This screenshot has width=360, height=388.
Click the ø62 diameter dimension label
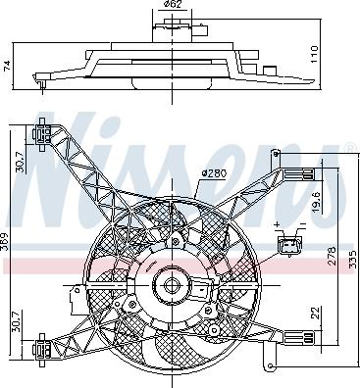pyautogui.click(x=172, y=4)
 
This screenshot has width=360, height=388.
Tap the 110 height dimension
pyautogui.click(x=313, y=54)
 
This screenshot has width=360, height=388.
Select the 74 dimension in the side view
pyautogui.click(x=8, y=66)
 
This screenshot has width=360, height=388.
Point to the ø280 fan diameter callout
pyautogui.click(x=214, y=173)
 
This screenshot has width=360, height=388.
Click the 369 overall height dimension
pyautogui.click(x=4, y=241)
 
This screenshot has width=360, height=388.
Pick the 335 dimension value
pyautogui.click(x=352, y=259)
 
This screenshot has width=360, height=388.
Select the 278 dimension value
pyautogui.click(x=331, y=256)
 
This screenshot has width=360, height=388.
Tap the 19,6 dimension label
pyautogui.click(x=316, y=202)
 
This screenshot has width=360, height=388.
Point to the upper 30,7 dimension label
pyautogui.click(x=21, y=162)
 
